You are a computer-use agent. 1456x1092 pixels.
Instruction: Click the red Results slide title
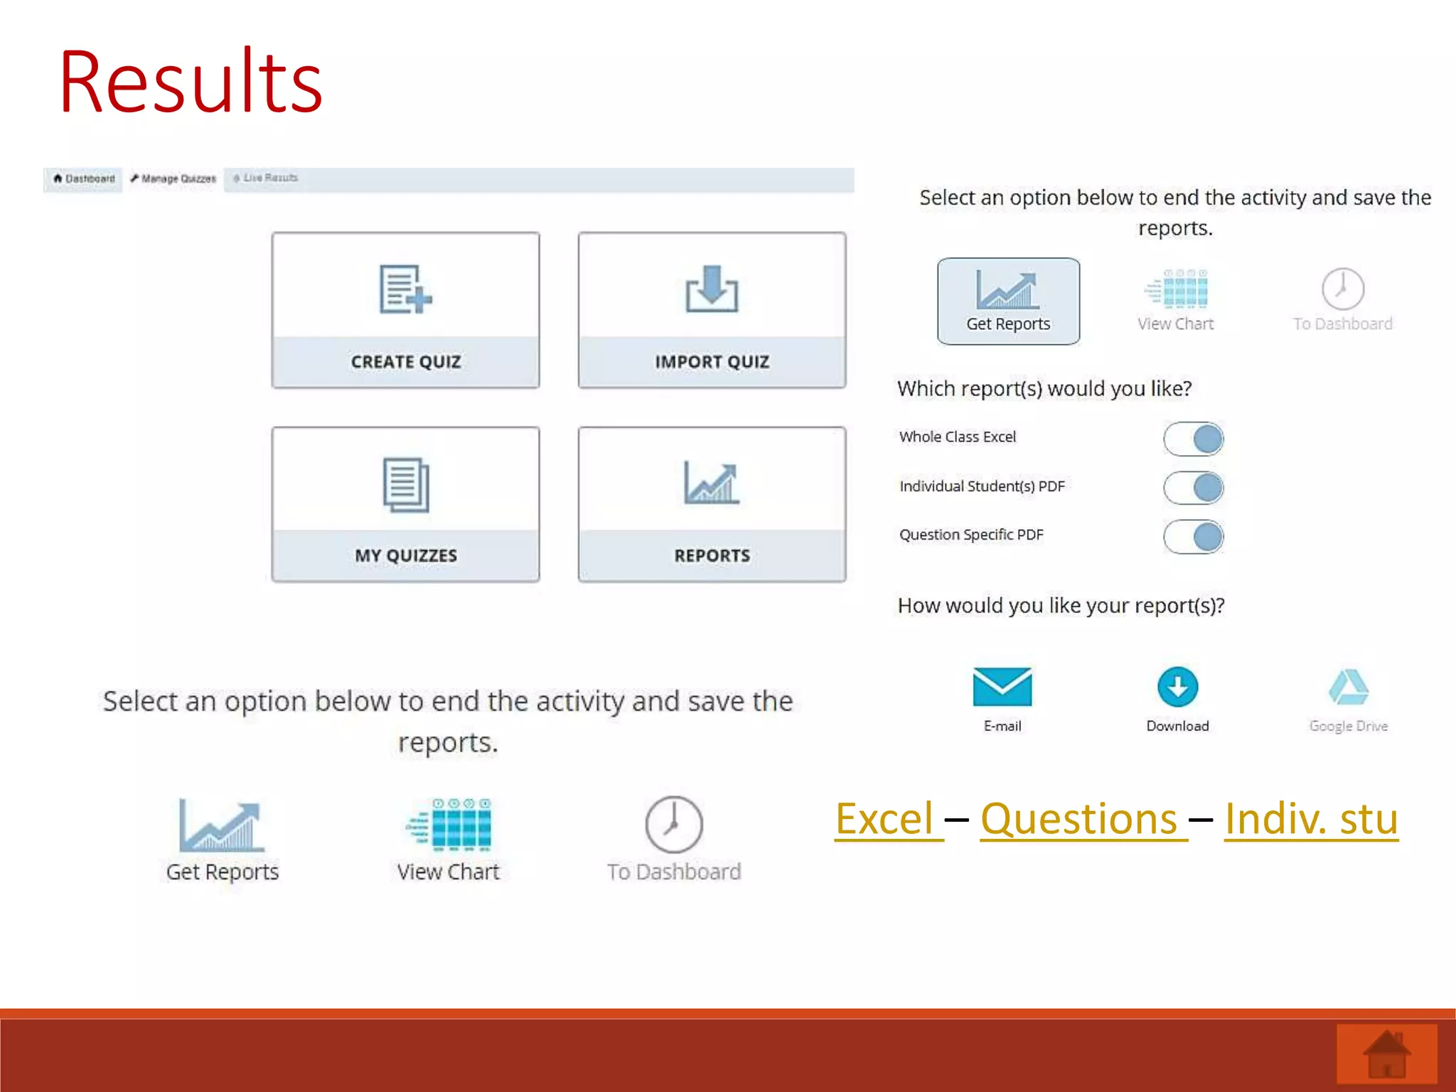(x=191, y=82)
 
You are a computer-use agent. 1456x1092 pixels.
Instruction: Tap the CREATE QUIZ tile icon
(x=405, y=289)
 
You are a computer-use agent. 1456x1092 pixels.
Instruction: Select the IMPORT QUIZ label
(x=712, y=362)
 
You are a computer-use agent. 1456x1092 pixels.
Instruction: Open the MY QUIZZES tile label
(x=406, y=555)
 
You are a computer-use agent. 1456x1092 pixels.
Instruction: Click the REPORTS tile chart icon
(x=712, y=483)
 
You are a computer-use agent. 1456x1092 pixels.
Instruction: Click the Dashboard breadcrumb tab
(x=84, y=178)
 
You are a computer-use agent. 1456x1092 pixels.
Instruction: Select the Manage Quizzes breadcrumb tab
(x=173, y=178)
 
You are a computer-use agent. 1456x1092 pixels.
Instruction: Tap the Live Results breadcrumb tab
(x=266, y=178)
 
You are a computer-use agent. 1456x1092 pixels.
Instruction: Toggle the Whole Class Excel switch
(x=1193, y=439)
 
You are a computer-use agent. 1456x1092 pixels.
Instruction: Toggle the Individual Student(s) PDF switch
(x=1193, y=488)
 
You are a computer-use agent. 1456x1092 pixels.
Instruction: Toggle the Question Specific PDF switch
(x=1193, y=537)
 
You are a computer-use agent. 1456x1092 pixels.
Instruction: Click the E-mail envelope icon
(x=1002, y=687)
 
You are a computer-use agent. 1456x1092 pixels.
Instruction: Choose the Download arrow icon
(x=1177, y=687)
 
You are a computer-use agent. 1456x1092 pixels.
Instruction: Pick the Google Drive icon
(x=1348, y=687)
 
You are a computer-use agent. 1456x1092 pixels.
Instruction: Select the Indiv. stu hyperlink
(x=1311, y=819)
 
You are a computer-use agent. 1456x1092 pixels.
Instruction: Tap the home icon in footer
(x=1386, y=1054)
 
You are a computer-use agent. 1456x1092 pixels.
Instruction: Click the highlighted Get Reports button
(x=1008, y=301)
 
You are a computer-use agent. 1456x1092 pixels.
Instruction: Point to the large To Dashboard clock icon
(x=674, y=825)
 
